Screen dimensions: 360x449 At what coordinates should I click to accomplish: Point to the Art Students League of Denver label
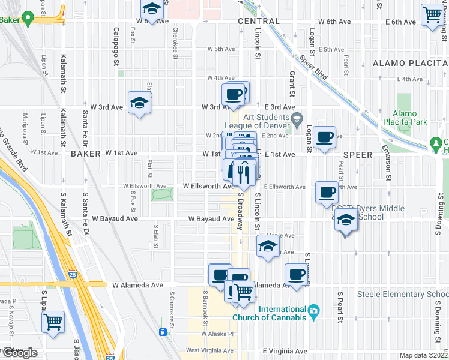pos(264,121)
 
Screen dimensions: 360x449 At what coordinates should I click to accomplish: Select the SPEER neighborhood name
pos(358,154)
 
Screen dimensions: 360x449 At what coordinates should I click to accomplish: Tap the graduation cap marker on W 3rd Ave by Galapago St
pos(139,103)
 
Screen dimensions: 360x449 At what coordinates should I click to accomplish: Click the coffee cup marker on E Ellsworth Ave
pos(327,192)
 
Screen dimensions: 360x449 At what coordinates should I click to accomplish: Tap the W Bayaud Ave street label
pos(211,219)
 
